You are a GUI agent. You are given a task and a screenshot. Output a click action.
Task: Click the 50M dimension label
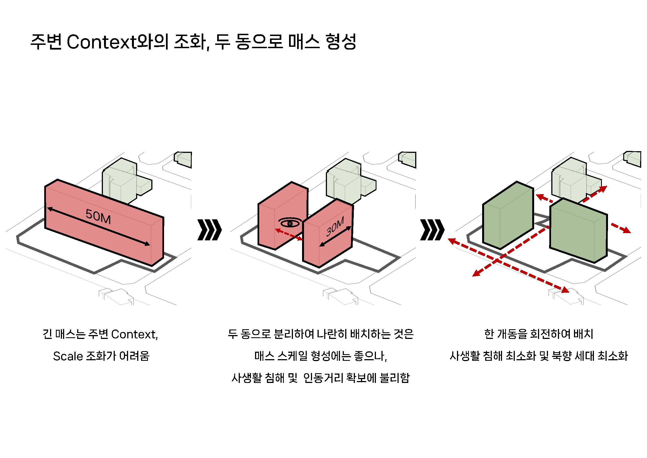[x=98, y=217]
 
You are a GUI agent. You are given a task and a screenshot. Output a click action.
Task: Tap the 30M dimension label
[x=335, y=227]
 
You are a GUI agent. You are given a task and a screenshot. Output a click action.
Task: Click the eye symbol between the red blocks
[x=290, y=223]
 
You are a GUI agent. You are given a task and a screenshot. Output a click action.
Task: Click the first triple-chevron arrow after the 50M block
[x=209, y=230]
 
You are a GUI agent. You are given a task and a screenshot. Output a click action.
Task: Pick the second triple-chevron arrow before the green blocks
[x=432, y=230]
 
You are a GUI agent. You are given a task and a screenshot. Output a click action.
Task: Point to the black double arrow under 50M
[x=98, y=227]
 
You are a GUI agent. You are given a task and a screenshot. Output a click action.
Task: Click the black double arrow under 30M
[x=335, y=236]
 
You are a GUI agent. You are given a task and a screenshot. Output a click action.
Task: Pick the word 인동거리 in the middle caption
[x=323, y=378]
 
